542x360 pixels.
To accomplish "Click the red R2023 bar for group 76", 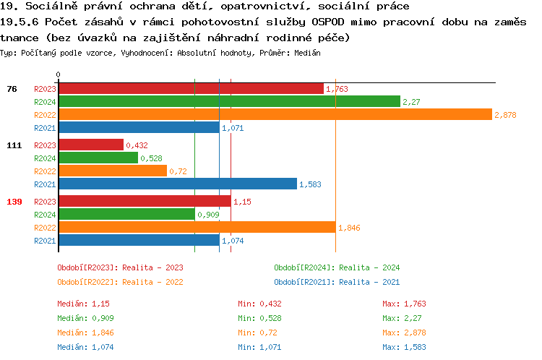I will (x=191, y=88).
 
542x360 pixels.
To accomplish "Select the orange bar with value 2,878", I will (x=275, y=114).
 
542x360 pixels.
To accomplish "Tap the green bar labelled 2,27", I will (x=229, y=101).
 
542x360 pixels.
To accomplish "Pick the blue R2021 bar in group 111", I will (x=178, y=184).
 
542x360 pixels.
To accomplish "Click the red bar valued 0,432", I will (x=91, y=145).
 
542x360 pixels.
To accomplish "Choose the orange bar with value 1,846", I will (x=197, y=227).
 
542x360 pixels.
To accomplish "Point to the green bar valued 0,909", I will (x=126, y=214).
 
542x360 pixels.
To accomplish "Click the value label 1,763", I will (x=337, y=89).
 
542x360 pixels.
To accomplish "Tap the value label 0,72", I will (x=178, y=171).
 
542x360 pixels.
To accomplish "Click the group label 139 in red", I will (x=14, y=201).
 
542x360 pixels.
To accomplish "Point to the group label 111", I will (x=14, y=145).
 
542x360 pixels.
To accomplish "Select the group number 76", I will (x=12, y=88).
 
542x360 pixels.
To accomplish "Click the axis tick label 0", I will (x=59, y=74).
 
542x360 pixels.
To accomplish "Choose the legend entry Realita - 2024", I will (x=337, y=267).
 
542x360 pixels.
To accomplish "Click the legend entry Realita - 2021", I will (x=337, y=282).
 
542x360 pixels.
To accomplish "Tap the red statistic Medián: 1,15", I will (x=83, y=304).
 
